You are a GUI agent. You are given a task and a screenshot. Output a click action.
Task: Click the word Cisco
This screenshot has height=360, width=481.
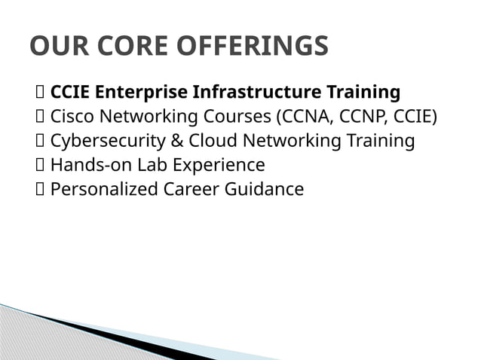72,117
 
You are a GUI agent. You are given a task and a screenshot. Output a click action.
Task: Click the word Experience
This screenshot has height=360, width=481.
221,165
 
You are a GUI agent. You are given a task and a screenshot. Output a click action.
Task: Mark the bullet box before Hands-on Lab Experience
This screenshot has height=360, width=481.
40,165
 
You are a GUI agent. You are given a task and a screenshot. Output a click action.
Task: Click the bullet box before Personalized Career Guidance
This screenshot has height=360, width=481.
40,189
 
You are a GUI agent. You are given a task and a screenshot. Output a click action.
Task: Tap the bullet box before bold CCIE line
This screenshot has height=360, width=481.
40,93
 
